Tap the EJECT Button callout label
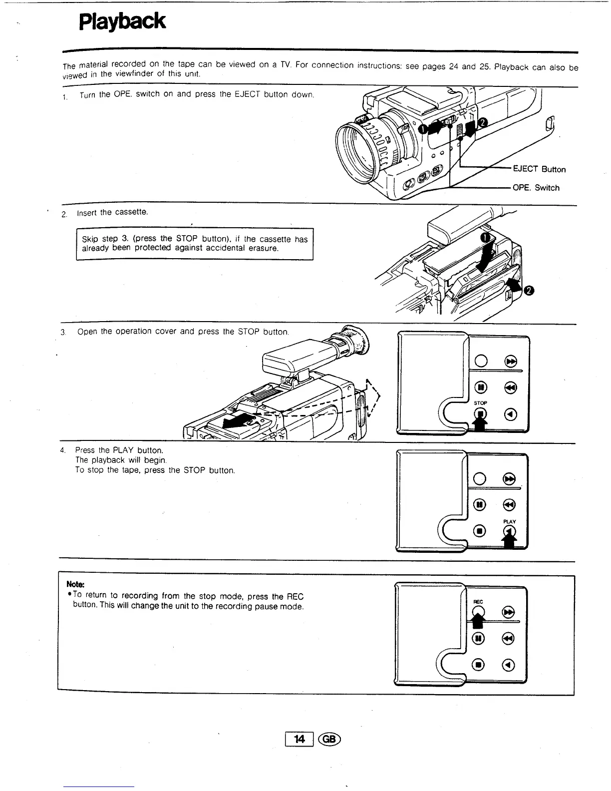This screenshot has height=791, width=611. pyautogui.click(x=539, y=169)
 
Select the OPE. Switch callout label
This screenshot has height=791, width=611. pyautogui.click(x=536, y=188)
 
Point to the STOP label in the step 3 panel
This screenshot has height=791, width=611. pyautogui.click(x=480, y=402)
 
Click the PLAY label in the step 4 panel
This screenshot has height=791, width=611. pyautogui.click(x=509, y=521)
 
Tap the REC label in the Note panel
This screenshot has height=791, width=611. pyautogui.click(x=478, y=602)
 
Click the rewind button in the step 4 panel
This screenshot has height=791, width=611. pyautogui.click(x=509, y=505)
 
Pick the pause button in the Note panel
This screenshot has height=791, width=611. pyautogui.click(x=479, y=638)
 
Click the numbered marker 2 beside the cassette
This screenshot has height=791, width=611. pyautogui.click(x=529, y=290)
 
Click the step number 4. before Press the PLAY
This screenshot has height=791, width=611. pyautogui.click(x=62, y=450)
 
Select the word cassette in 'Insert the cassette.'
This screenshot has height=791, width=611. pyautogui.click(x=131, y=212)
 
